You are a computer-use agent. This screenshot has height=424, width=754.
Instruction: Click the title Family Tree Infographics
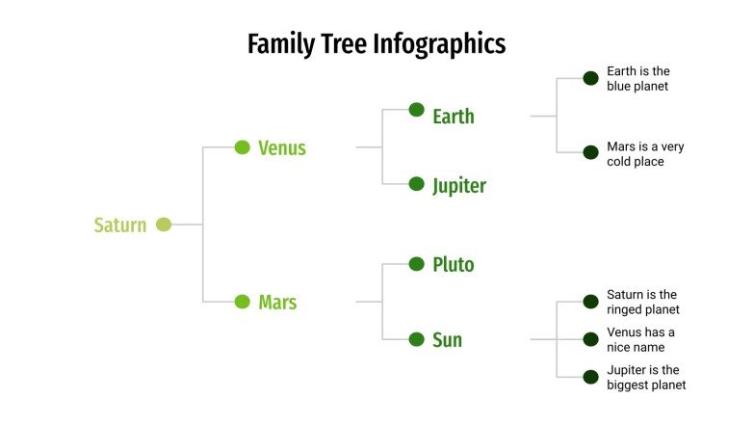(377, 44)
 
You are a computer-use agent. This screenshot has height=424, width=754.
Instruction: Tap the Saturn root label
(120, 225)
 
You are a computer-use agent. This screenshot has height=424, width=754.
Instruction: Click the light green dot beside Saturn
(164, 225)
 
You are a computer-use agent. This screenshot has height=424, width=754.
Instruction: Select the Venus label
(282, 148)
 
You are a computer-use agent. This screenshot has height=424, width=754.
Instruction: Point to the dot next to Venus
(243, 147)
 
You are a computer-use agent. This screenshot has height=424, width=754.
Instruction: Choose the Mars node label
(277, 303)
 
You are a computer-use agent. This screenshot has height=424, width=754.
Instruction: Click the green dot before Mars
(243, 302)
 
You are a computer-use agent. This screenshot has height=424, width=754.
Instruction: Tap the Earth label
(454, 117)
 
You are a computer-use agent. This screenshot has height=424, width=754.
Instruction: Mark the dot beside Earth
(417, 110)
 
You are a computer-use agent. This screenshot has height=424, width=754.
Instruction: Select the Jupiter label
(459, 186)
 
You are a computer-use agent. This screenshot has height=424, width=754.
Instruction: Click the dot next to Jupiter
(417, 183)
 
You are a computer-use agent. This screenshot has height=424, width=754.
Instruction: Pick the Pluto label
(454, 265)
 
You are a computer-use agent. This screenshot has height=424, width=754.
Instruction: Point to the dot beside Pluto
(417, 263)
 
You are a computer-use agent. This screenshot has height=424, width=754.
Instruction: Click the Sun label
(448, 340)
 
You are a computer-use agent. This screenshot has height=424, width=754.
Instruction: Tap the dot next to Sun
(417, 339)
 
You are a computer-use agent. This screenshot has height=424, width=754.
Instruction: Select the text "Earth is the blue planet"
(637, 79)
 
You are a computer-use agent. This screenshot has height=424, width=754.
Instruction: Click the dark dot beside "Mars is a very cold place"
(591, 152)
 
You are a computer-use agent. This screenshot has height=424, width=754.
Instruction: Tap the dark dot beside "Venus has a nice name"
(591, 339)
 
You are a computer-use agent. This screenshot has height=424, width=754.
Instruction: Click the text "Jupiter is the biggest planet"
(646, 378)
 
